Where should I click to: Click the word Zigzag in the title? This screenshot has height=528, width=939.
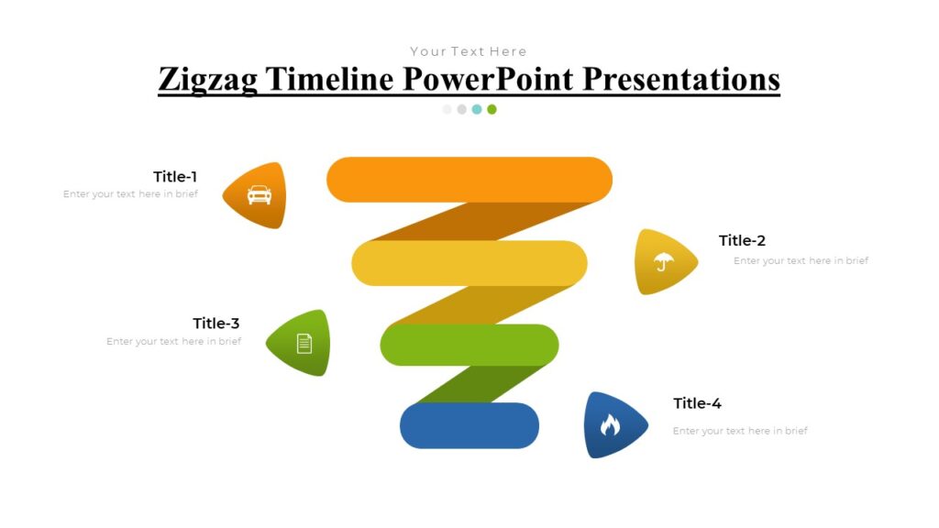click(208, 79)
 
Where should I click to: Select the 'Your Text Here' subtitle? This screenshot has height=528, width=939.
click(469, 51)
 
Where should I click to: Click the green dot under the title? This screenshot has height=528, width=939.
click(492, 109)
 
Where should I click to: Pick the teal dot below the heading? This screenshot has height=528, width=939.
click(477, 109)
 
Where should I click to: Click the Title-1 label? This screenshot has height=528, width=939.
click(175, 177)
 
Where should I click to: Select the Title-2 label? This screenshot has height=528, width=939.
click(742, 241)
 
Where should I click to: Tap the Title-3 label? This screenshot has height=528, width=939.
click(216, 324)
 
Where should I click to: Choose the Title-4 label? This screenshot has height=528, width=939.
click(697, 403)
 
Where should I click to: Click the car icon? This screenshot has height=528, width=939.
click(260, 194)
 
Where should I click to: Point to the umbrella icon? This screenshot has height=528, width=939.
click(663, 262)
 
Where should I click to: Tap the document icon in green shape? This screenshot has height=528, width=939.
click(304, 343)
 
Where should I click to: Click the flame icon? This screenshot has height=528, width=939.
click(610, 424)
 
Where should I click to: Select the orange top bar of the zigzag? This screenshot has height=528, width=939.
click(469, 179)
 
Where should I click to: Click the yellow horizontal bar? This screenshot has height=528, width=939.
click(469, 262)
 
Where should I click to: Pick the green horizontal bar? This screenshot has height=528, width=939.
click(469, 344)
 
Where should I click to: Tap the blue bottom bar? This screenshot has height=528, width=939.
click(469, 425)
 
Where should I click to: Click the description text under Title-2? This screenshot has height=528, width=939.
click(801, 261)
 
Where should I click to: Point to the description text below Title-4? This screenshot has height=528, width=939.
click(740, 431)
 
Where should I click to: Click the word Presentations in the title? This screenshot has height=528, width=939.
click(681, 79)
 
